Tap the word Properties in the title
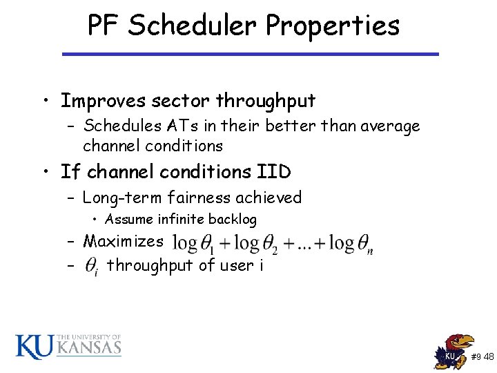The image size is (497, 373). (333, 27)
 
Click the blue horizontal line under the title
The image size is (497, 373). (250, 54)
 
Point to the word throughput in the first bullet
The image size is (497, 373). (266, 101)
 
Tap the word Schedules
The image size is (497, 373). (122, 126)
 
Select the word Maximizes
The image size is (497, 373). (123, 241)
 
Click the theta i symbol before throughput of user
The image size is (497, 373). (92, 265)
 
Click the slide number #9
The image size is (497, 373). (476, 357)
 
